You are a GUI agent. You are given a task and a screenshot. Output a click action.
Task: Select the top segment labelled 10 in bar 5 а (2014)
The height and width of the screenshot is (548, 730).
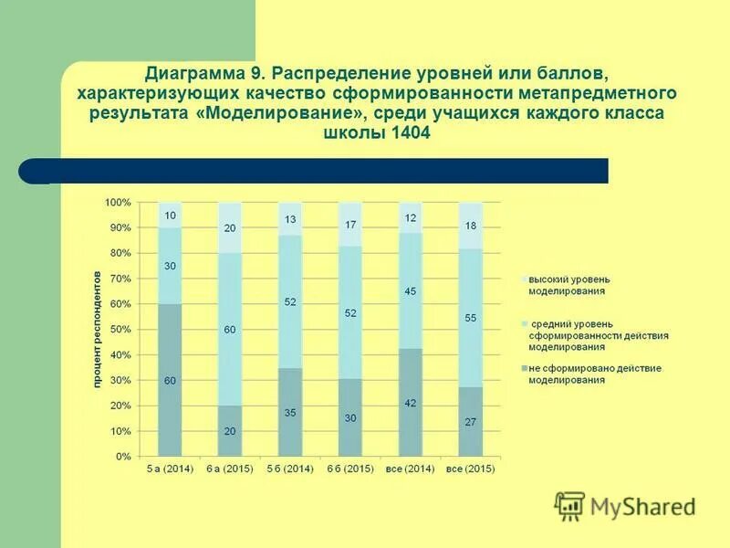click(x=170, y=216)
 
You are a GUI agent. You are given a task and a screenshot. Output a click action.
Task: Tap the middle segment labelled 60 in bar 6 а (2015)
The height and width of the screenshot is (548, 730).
click(x=230, y=328)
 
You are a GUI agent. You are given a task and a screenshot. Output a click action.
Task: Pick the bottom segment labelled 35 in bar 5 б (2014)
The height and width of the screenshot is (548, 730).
click(x=290, y=413)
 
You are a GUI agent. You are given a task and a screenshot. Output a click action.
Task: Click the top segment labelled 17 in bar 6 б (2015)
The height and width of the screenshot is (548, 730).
click(x=350, y=225)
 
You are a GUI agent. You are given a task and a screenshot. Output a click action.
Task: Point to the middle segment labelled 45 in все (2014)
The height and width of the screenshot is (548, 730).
click(x=411, y=291)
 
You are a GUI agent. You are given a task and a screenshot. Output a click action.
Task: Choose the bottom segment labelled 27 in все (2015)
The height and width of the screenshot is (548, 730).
click(x=470, y=422)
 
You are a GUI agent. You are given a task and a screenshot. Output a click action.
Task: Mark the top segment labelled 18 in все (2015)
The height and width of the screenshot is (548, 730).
click(x=470, y=226)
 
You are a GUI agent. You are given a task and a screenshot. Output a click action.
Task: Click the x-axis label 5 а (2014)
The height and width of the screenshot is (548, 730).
click(x=170, y=469)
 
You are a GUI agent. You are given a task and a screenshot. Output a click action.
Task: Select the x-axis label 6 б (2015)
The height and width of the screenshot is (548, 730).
click(x=350, y=469)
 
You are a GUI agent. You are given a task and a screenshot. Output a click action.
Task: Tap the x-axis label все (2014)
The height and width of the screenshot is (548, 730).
click(x=411, y=469)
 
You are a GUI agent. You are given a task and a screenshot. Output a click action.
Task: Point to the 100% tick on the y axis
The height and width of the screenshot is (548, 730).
click(x=119, y=202)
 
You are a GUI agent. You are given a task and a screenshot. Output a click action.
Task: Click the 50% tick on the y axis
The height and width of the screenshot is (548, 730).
click(x=121, y=329)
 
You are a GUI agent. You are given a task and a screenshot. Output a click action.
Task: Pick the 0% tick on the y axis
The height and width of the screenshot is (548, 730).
click(x=124, y=456)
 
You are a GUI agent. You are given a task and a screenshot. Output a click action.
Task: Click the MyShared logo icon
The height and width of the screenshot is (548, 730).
click(x=569, y=505)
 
